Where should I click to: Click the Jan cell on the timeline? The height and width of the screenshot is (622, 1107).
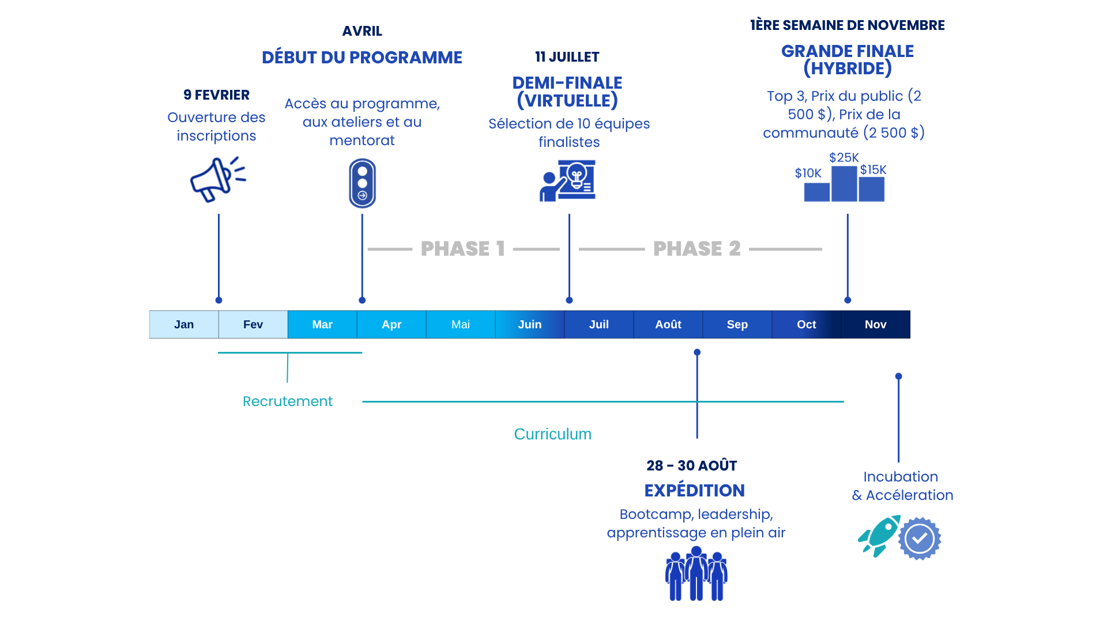184,324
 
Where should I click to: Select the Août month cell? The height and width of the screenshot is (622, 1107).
668,324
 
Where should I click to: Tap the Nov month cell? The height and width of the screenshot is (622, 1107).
875,324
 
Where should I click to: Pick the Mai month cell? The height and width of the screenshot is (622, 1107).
460,324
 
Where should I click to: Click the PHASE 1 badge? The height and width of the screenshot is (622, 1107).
462,249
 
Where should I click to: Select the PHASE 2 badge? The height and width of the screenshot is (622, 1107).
696,249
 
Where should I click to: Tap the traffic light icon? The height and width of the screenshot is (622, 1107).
362,184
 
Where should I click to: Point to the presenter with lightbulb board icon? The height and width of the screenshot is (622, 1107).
567,181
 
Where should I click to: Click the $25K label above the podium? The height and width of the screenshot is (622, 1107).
844,158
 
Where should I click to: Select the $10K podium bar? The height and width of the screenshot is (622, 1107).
816,192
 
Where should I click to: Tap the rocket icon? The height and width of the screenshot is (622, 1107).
879,536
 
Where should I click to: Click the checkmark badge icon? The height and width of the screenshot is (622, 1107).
920,538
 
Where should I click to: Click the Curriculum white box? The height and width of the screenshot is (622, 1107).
552,437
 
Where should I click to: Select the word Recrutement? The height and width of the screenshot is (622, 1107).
287,401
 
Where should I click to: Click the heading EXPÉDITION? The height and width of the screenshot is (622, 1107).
694,491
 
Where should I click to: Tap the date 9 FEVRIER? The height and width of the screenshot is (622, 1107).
216,95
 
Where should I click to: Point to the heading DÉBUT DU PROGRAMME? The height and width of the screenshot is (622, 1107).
362,58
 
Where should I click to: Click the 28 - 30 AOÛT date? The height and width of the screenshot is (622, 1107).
691,465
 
